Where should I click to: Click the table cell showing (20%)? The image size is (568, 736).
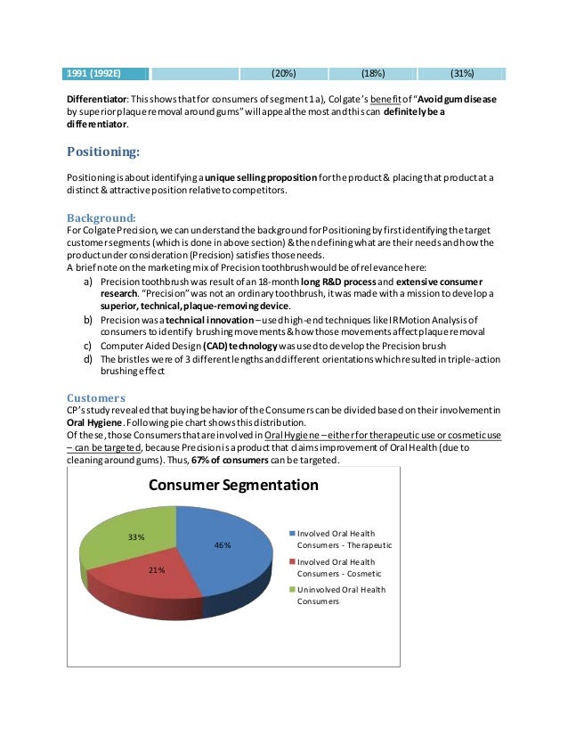pyautogui.click(x=284, y=73)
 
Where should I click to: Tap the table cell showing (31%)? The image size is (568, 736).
pyautogui.click(x=462, y=73)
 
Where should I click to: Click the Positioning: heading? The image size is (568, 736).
pyautogui.click(x=103, y=151)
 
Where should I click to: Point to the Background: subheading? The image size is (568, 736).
pyautogui.click(x=101, y=217)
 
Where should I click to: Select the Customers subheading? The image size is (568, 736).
pyautogui.click(x=96, y=397)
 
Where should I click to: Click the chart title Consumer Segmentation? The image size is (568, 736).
pyautogui.click(x=232, y=486)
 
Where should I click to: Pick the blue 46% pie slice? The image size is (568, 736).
pyautogui.click(x=223, y=552)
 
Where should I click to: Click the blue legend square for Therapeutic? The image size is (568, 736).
pyautogui.click(x=291, y=533)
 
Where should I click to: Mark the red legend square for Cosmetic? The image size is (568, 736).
pyautogui.click(x=291, y=562)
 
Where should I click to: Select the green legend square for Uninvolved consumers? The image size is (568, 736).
pyautogui.click(x=291, y=589)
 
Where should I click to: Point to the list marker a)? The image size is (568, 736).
pyautogui.click(x=89, y=282)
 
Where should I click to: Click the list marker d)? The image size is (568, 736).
pyautogui.click(x=89, y=358)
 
